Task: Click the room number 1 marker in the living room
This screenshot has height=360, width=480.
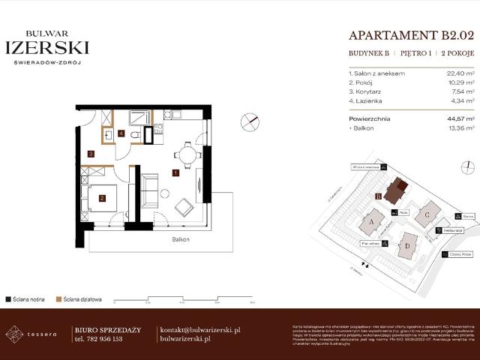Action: (175, 173)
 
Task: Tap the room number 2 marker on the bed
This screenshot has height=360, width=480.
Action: (102, 198)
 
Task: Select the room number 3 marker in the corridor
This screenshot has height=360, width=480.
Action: (91, 154)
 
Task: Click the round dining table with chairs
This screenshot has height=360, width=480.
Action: (186, 155)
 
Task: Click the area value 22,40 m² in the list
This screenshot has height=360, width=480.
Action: (459, 73)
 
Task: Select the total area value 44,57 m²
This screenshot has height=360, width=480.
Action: (459, 118)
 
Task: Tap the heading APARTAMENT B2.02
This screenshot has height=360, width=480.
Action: (412, 34)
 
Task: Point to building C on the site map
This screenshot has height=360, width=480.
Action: (427, 214)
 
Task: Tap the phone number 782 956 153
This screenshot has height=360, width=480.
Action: (99, 339)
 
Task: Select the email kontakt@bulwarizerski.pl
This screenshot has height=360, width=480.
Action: (199, 329)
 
